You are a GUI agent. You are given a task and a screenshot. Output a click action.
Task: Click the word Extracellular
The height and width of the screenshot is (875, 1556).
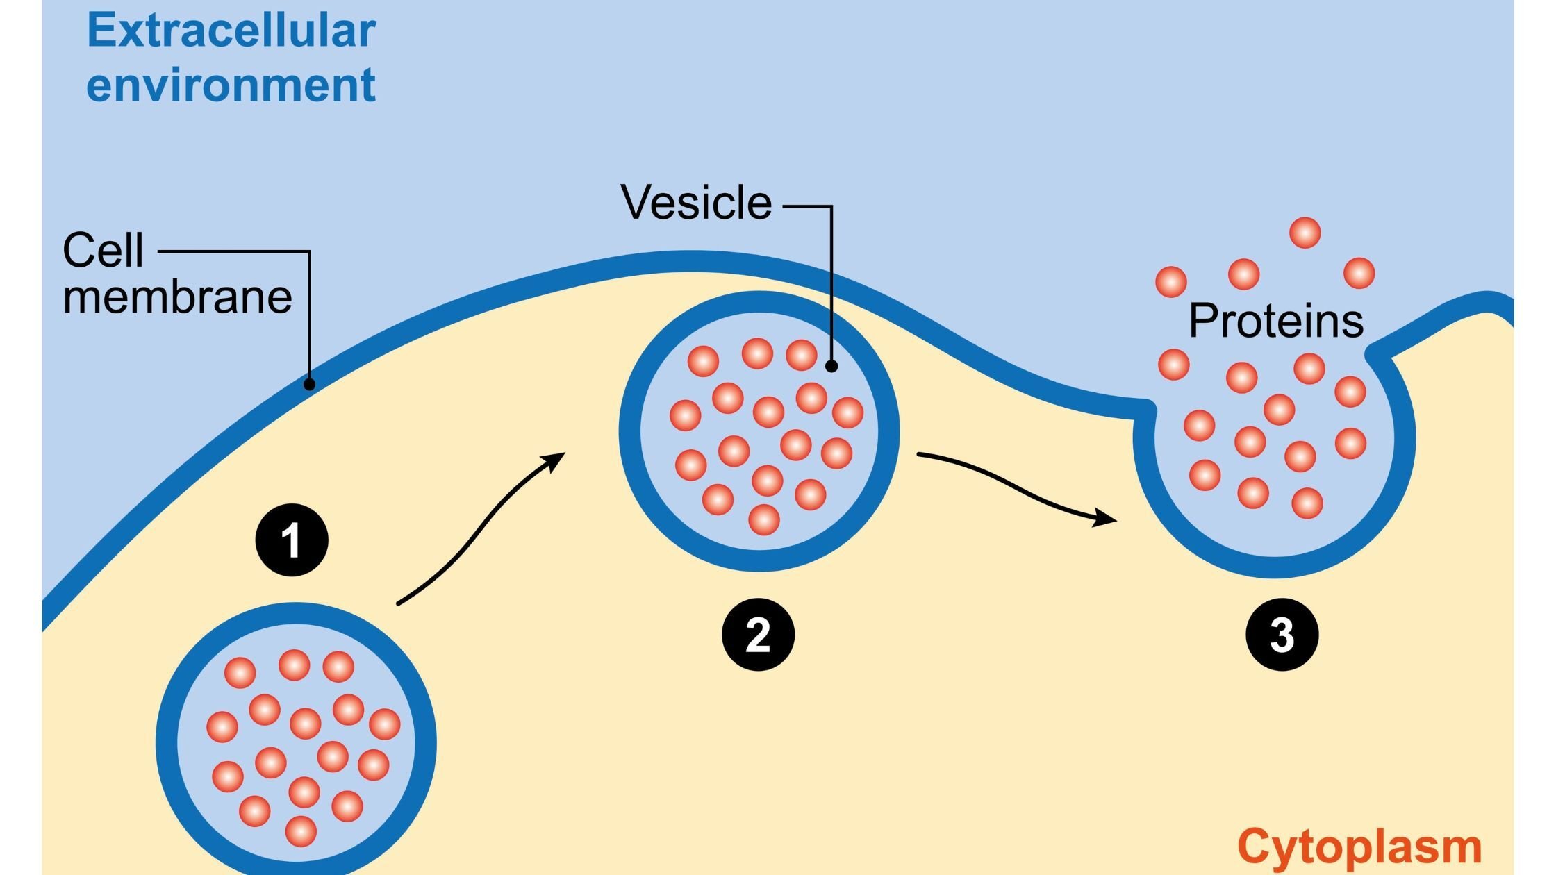pyautogui.click(x=231, y=32)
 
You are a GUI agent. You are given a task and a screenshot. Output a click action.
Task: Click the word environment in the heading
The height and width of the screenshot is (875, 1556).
pyautogui.click(x=231, y=86)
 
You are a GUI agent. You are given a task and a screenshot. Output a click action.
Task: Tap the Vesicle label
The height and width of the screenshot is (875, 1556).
pyautogui.click(x=696, y=203)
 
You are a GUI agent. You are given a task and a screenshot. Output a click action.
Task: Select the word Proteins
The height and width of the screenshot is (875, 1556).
pyautogui.click(x=1276, y=322)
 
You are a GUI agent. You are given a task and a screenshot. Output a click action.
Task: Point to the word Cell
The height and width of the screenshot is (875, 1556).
pyautogui.click(x=103, y=251)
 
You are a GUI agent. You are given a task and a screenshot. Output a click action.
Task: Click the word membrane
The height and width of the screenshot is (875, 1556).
pyautogui.click(x=177, y=297)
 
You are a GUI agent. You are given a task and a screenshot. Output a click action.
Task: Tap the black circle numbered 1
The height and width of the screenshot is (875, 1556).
pyautogui.click(x=292, y=540)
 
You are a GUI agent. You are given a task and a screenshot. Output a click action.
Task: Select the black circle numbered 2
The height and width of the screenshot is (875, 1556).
pyautogui.click(x=758, y=635)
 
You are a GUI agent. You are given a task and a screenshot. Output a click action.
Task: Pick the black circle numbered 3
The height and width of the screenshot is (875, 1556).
pyautogui.click(x=1282, y=635)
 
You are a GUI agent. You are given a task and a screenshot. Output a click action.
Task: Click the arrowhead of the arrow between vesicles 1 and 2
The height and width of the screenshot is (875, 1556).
pyautogui.click(x=556, y=460)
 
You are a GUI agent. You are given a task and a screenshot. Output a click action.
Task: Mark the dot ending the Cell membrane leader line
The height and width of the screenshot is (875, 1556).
pyautogui.click(x=310, y=384)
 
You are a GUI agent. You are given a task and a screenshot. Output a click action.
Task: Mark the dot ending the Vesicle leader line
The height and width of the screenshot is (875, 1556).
pyautogui.click(x=831, y=366)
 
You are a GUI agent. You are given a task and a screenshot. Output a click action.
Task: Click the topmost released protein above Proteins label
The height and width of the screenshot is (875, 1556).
pyautogui.click(x=1305, y=233)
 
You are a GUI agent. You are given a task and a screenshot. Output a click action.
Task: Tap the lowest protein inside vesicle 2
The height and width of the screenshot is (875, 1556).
pyautogui.click(x=764, y=519)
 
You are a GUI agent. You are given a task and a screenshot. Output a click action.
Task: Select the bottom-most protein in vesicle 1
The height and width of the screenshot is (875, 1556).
pyautogui.click(x=301, y=831)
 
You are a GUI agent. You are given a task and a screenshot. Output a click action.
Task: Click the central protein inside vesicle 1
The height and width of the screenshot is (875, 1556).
pyautogui.click(x=305, y=723)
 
